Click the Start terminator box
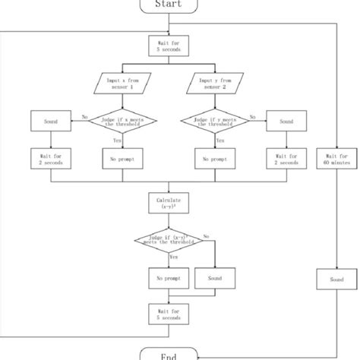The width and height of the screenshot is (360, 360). pyautogui.click(x=168, y=5)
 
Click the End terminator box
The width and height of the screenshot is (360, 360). pyautogui.click(x=168, y=353)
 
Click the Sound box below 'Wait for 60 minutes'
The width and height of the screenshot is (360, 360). pyautogui.click(x=336, y=279)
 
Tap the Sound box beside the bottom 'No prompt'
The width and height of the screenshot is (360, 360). pyautogui.click(x=215, y=279)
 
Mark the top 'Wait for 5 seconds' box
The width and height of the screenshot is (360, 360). pyautogui.click(x=168, y=46)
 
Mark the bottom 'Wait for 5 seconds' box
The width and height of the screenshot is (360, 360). pyautogui.click(x=168, y=314)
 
